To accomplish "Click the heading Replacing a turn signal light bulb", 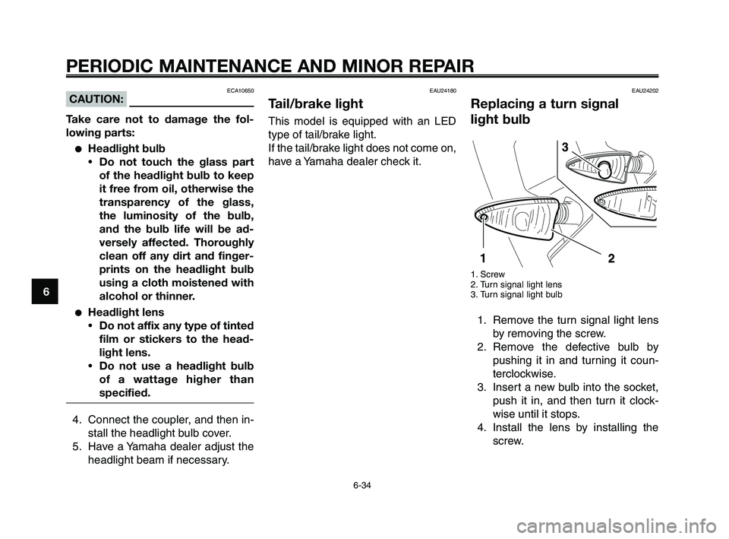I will click(544, 112).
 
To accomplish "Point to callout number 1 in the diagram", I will click(482, 258).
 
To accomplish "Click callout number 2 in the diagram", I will click(611, 258).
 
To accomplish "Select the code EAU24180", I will click(443, 90).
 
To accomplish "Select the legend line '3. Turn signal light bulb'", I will click(516, 293).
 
